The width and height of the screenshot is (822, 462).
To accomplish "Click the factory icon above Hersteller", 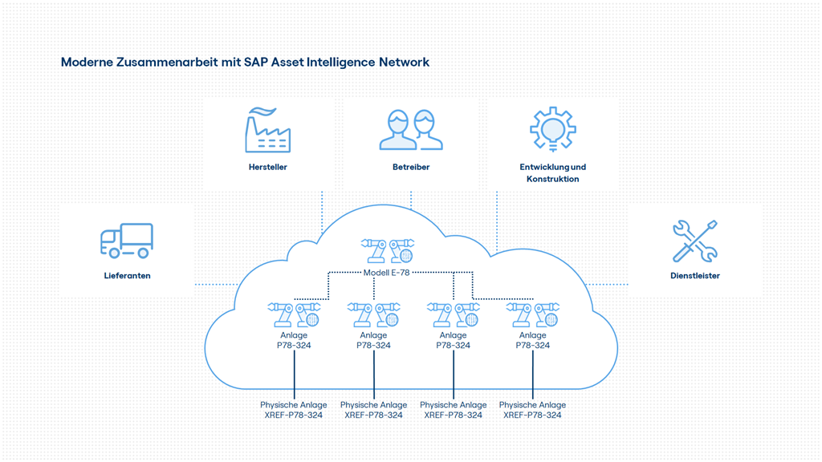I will pos(267,130).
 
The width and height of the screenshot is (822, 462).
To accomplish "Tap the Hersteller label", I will pos(267,168).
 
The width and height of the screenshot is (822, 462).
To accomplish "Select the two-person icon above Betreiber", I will pos(411,130).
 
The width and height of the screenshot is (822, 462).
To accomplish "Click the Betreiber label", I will pos(411,168).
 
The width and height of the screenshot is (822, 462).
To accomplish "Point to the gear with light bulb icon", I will pos(552,129).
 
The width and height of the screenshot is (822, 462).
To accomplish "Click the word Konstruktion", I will pos(552,180).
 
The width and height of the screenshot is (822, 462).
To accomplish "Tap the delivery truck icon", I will pos(127,241).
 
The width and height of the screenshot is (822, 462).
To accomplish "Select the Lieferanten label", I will pos(127,276).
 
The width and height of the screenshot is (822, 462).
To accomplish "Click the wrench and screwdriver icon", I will pos(694,241).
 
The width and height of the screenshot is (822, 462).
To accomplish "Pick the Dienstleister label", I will pos(694,276).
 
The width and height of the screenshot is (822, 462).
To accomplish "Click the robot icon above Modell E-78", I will pos(387,250).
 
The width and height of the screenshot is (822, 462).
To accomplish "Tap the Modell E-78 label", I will pos(386,273).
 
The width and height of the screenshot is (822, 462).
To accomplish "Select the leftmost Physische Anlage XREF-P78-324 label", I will pos(294,410).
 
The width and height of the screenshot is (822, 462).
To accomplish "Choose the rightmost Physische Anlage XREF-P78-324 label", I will pos(532,410).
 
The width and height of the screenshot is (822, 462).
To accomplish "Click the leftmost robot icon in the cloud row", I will pos(294,314).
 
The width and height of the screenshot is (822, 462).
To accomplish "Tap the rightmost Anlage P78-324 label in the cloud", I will pos(532,340).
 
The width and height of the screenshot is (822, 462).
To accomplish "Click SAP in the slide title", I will pos(256,62).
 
